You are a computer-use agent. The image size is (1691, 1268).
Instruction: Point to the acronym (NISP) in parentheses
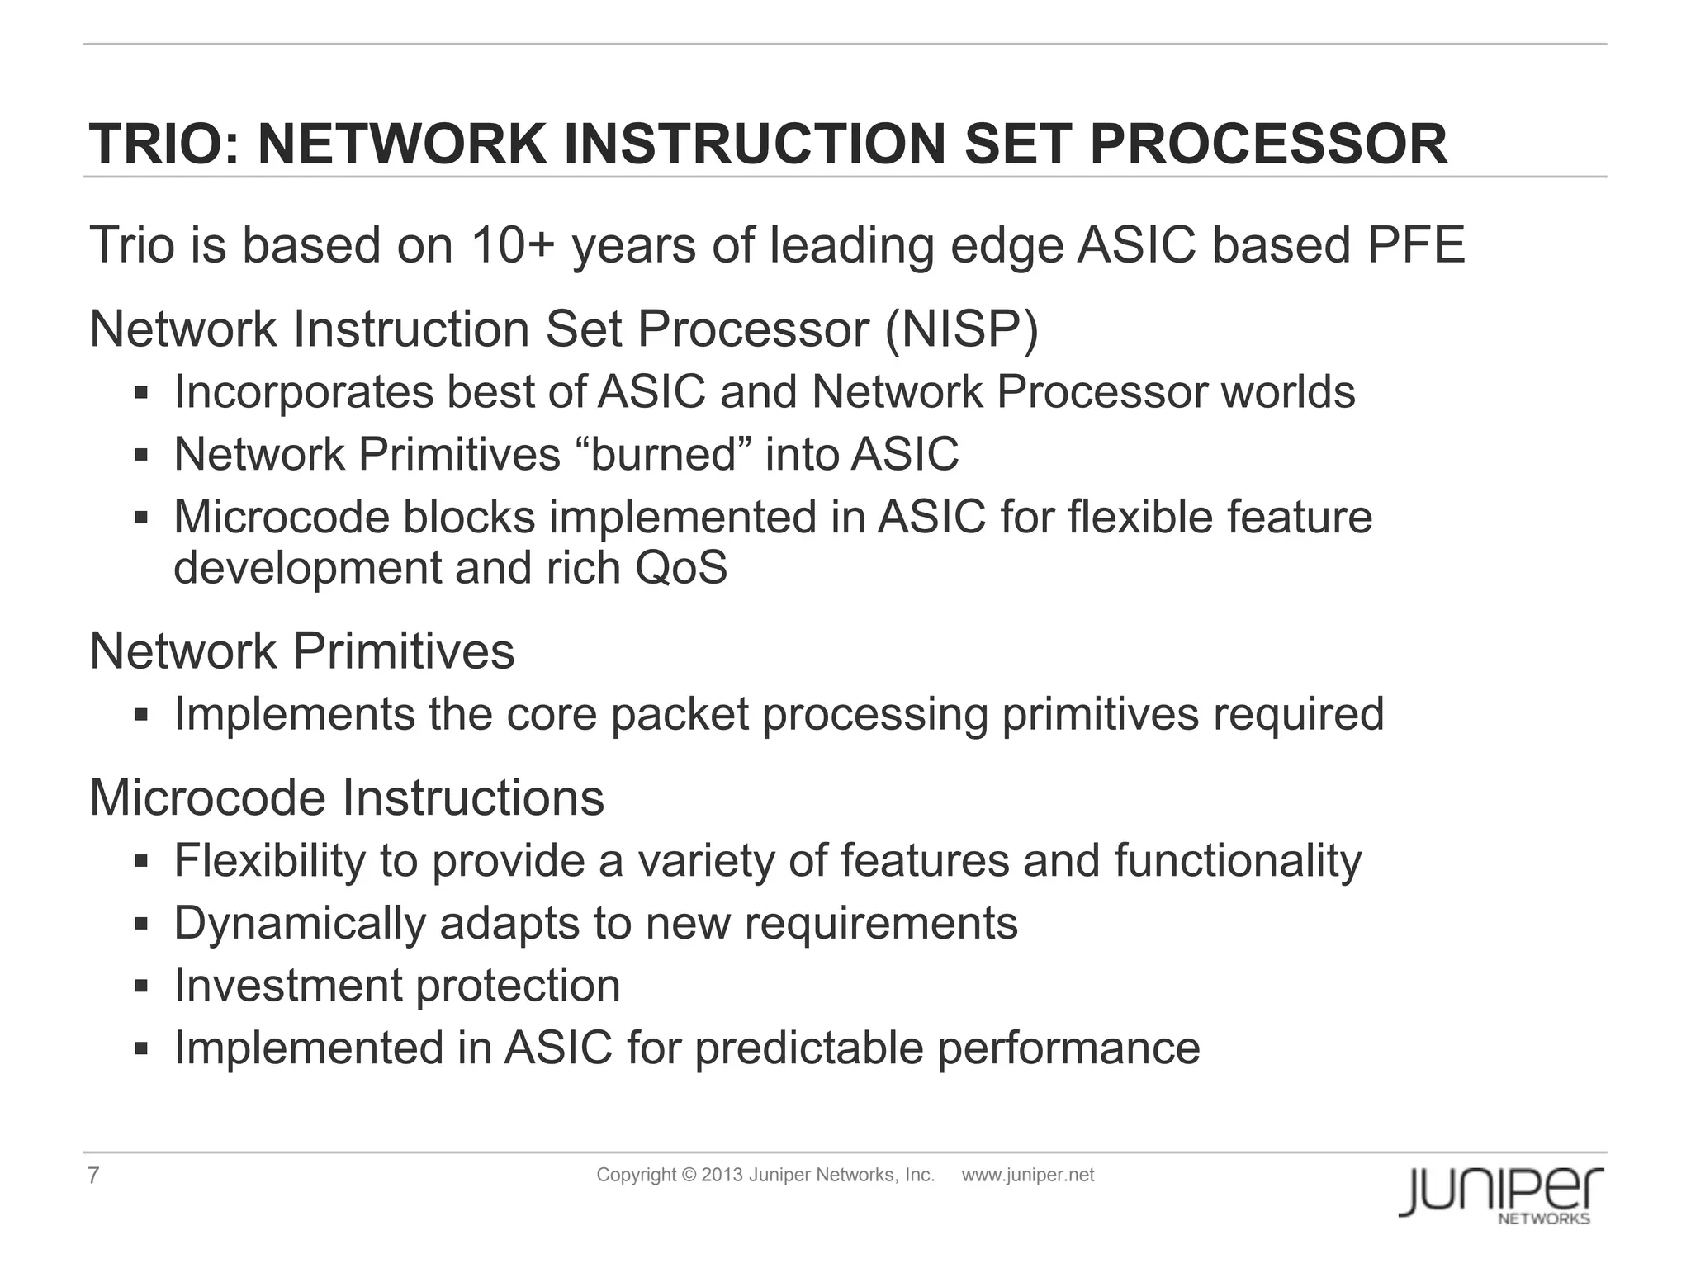(961, 329)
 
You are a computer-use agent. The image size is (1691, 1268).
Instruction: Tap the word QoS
(681, 568)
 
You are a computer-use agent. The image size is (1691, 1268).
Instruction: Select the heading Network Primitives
(301, 651)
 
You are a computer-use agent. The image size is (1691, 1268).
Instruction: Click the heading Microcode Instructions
(347, 798)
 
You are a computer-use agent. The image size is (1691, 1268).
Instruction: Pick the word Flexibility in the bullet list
(269, 861)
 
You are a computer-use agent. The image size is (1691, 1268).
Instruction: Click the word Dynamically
(299, 923)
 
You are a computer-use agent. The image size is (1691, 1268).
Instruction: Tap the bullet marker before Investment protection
(140, 986)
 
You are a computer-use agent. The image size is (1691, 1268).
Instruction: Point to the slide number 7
(93, 1176)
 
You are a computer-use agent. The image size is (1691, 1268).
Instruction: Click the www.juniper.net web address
(1027, 1175)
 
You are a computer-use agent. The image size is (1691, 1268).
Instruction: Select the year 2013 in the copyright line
(722, 1175)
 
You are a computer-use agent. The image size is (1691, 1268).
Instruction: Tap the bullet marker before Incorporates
(140, 392)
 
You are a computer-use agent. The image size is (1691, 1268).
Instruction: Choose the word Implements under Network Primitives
(294, 714)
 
